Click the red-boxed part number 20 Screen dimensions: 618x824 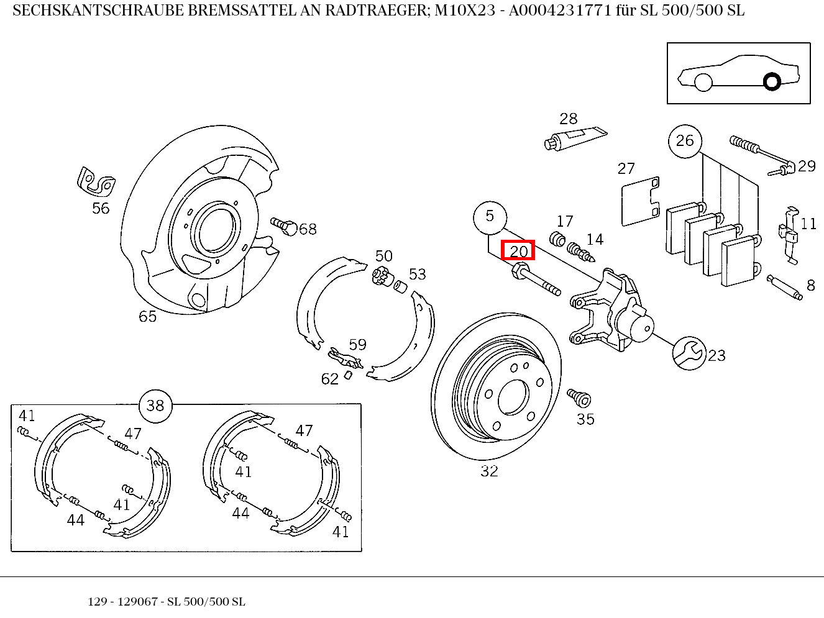[518, 250]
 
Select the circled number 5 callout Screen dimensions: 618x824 [490, 217]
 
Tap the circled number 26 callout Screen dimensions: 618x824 [685, 141]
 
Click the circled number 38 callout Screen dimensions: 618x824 [155, 406]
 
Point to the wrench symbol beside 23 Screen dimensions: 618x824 [689, 353]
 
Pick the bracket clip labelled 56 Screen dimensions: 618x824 [96, 181]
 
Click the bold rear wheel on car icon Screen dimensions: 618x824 [772, 81]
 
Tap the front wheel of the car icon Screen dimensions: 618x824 [703, 82]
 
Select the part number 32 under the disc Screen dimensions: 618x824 [489, 471]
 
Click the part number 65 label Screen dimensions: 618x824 [147, 317]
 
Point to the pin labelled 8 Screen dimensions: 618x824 [785, 287]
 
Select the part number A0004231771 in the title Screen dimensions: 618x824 [559, 11]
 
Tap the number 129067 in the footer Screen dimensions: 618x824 [137, 602]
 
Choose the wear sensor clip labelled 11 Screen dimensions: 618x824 [789, 235]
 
